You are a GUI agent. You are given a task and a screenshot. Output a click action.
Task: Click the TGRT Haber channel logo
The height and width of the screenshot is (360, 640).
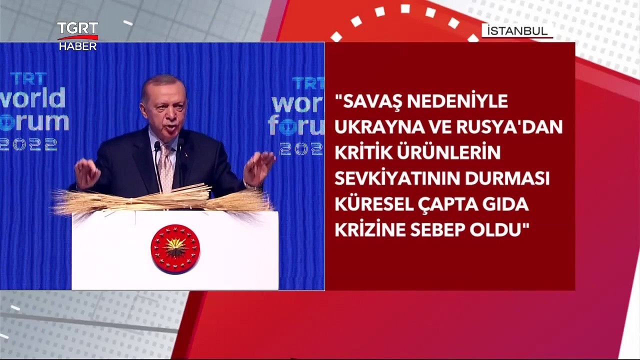(x=77, y=36)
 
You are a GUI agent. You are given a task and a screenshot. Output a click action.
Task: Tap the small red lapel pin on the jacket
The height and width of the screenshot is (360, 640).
(x=185, y=155)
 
